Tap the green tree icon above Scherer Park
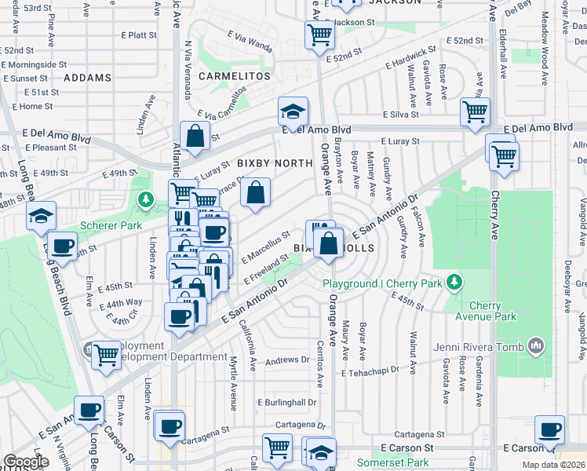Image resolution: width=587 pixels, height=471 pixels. pos(144,200)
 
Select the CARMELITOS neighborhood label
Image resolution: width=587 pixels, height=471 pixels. pos(228,76)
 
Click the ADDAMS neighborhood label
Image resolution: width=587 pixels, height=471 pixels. pos(88,78)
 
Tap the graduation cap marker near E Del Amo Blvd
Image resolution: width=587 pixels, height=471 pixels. pos(293,111)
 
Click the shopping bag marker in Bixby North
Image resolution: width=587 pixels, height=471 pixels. pos(255,192)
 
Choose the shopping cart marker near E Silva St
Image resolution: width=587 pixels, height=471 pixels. pos(475,111)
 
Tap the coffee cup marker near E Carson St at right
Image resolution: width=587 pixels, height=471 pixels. pos(549,430)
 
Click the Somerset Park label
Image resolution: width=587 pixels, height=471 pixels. pos(393,463)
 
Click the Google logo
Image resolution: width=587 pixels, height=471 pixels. pos(26,462)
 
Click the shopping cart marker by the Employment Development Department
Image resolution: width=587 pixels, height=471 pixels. pos(107,354)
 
